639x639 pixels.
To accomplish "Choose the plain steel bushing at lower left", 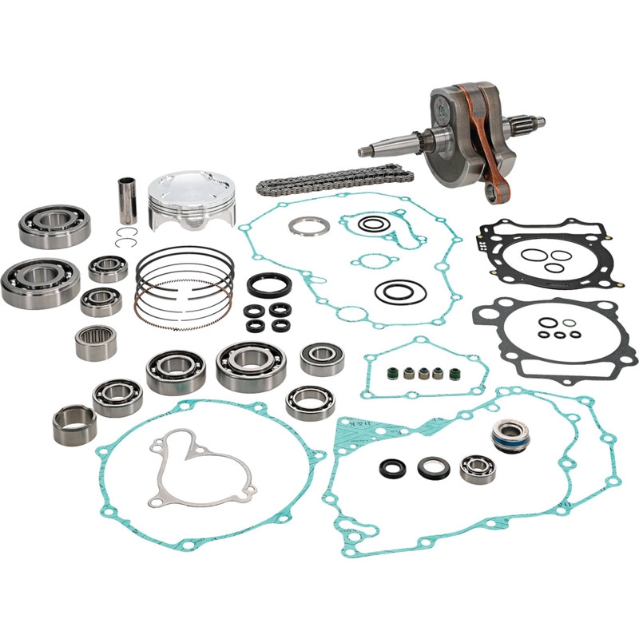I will coord(74,424).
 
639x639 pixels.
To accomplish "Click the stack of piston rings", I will coord(184,284).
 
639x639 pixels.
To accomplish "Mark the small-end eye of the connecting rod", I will coord(504,194).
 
